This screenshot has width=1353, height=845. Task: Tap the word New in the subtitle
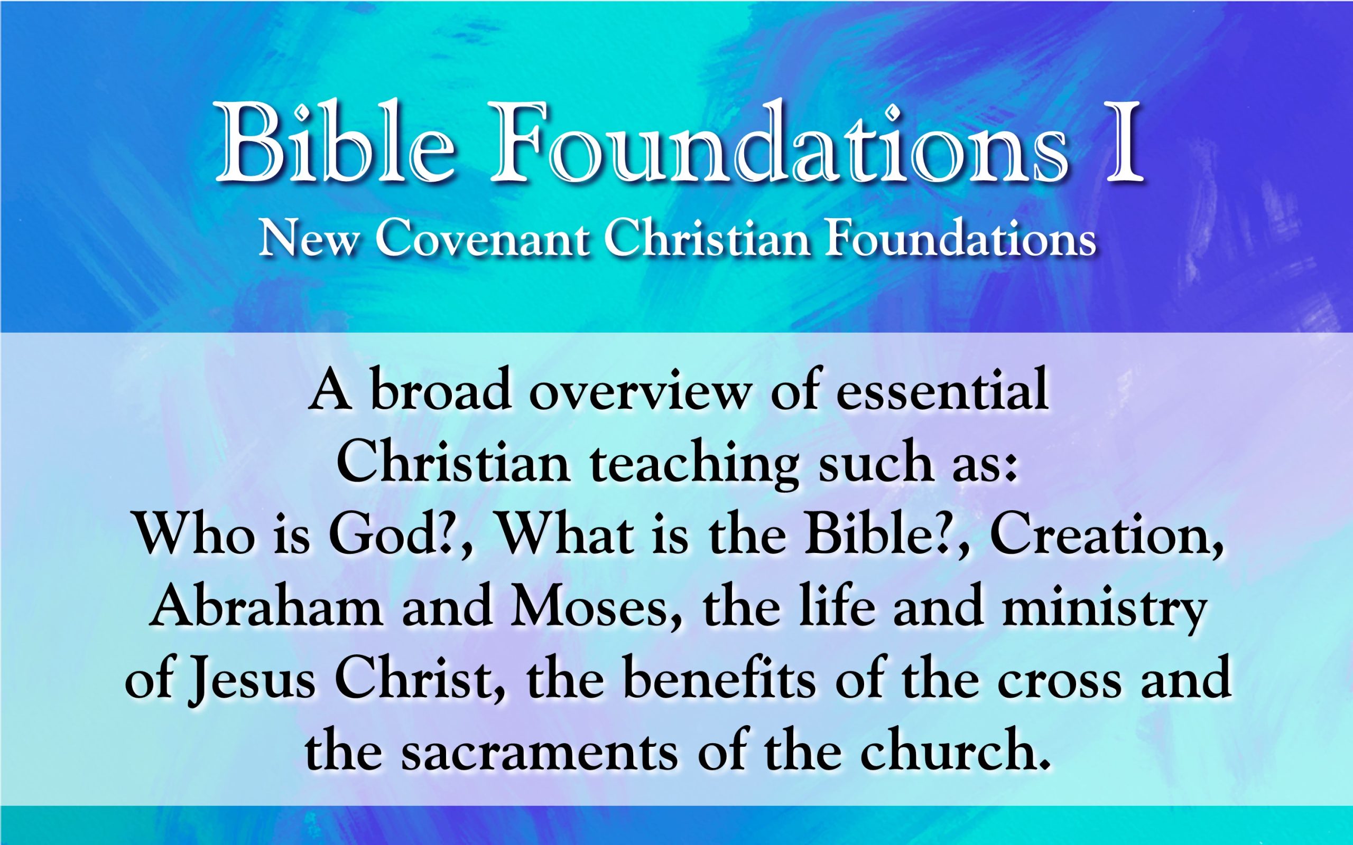(x=307, y=241)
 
